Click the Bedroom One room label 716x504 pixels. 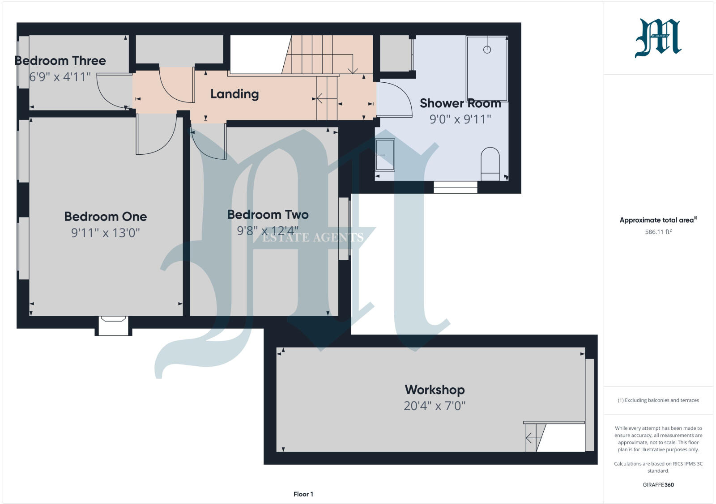(x=106, y=216)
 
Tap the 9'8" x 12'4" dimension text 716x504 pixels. (x=268, y=231)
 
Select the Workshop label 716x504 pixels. (x=435, y=390)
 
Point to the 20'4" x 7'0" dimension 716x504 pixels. (x=435, y=406)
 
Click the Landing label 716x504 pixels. (x=234, y=94)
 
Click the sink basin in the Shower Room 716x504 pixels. (x=385, y=155)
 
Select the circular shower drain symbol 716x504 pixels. (x=487, y=50)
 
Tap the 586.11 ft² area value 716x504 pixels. (x=658, y=232)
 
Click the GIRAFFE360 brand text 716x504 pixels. (x=658, y=484)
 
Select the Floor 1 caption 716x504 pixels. (x=303, y=494)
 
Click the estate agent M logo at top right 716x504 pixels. (x=658, y=38)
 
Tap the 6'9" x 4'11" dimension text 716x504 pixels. (x=60, y=77)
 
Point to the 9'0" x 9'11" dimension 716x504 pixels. (x=460, y=119)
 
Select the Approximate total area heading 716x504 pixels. (x=658, y=220)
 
